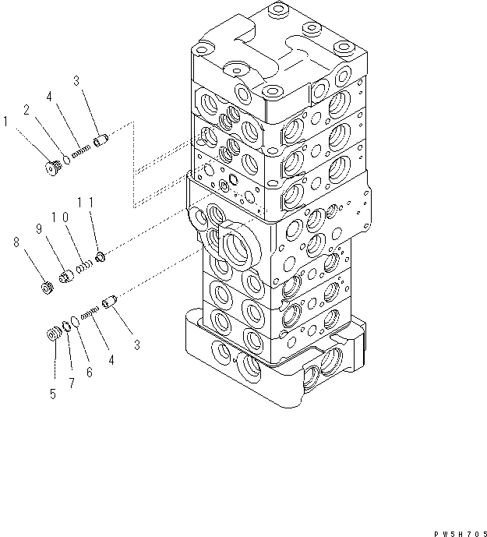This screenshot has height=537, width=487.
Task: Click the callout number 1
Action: (6, 122)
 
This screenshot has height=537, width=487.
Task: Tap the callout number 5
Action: (54, 394)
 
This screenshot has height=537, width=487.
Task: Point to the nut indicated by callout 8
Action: (46, 288)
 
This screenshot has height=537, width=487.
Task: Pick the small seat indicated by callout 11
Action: (101, 256)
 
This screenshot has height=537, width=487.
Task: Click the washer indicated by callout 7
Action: (68, 327)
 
